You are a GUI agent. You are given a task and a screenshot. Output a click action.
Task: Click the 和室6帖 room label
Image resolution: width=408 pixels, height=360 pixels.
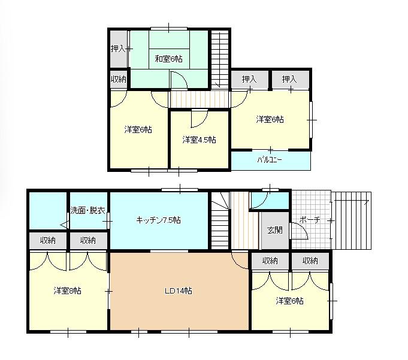coord(168,59)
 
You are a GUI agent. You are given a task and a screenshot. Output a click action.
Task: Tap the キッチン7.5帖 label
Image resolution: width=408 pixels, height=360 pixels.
coord(158,220)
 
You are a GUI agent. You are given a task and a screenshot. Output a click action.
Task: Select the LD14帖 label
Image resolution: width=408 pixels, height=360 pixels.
coord(179,291)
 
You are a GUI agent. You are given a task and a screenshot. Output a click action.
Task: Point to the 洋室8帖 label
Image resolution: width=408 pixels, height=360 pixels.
coord(67,291)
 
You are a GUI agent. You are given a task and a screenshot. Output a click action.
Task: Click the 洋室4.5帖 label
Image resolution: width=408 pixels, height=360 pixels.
coord(199,140)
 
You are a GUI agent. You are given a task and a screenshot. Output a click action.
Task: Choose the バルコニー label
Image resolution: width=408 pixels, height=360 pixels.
coord(270,159)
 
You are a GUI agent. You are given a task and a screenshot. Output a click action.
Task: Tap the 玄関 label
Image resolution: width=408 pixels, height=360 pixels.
coord(275,230)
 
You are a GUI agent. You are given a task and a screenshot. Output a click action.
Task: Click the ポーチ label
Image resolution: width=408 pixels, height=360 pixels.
coord(310,220)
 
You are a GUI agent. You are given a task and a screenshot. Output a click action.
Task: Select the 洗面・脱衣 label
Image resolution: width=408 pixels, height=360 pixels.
coord(88,210)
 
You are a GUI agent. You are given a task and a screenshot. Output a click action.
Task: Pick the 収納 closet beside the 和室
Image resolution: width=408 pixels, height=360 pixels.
coord(119,79)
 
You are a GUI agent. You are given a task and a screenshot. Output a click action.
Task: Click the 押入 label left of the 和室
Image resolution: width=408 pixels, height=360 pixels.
coord(118,49)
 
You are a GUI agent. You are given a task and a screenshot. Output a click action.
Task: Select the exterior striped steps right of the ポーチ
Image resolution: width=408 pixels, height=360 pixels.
coord(352,221)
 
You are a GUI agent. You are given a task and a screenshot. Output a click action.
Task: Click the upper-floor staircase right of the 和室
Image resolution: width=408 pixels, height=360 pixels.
coord(220,59)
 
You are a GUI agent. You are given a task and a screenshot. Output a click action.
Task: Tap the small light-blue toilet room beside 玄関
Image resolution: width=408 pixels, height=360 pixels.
coord(270,200)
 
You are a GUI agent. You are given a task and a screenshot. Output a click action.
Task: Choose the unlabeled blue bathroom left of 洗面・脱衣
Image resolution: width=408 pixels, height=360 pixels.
coord(47,211)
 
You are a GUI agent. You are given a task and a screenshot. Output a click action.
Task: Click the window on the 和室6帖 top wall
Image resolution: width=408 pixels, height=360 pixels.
coord(169,29)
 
